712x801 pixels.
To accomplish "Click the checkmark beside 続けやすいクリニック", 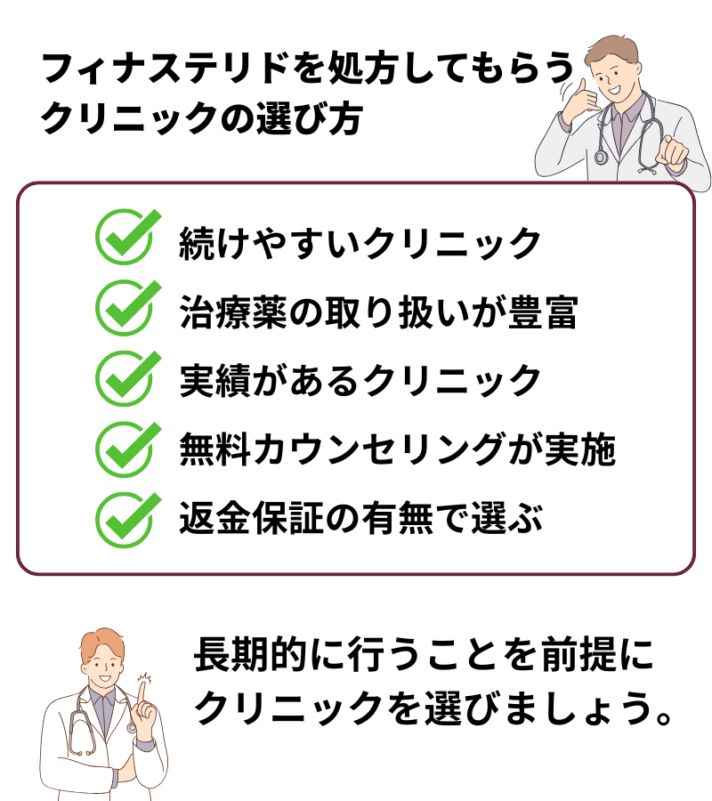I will tap(125, 238).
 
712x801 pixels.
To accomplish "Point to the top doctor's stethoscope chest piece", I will tap(601, 158).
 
